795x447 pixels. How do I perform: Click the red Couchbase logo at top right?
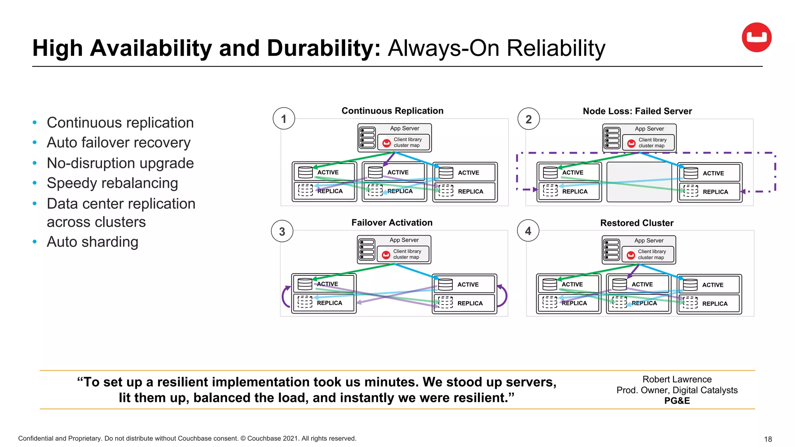(756, 37)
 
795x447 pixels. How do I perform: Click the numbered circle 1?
(284, 119)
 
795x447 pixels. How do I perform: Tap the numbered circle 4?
(528, 231)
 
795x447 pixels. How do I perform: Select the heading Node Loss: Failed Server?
(637, 111)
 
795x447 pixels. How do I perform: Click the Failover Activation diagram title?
(392, 223)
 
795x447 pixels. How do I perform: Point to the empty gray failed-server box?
(639, 182)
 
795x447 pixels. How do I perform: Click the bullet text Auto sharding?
(92, 242)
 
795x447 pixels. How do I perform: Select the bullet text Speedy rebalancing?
(112, 183)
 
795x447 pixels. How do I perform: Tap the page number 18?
(767, 439)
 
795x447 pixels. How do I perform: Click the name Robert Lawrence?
(677, 379)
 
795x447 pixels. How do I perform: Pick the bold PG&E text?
(677, 401)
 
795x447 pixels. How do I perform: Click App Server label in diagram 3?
(404, 240)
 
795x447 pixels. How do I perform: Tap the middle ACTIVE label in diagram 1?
(398, 172)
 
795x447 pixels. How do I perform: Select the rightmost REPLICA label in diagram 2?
(715, 192)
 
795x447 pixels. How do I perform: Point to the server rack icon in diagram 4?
(611, 250)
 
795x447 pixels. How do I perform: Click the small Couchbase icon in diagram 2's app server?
(631, 144)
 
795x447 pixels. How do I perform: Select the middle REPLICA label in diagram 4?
(644, 303)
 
